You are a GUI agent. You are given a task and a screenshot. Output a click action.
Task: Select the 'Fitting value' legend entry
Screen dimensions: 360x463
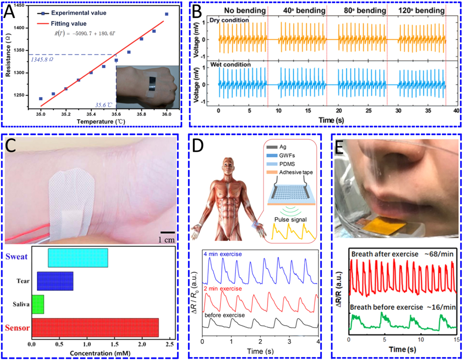tap(68, 24)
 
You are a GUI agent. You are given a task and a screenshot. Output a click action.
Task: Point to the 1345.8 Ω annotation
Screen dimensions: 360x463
tap(42, 60)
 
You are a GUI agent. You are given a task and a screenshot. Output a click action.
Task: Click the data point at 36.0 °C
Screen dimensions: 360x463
tap(167, 14)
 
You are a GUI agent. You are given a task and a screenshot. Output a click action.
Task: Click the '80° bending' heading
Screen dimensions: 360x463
tap(365, 11)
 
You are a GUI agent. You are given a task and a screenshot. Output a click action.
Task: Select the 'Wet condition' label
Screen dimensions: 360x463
tap(230, 65)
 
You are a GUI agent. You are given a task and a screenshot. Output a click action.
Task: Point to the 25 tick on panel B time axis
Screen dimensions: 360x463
tap(368, 111)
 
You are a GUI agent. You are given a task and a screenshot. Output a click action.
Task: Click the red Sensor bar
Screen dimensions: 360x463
tap(95, 327)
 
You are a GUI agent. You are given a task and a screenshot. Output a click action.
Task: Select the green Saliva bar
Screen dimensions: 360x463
tap(38, 304)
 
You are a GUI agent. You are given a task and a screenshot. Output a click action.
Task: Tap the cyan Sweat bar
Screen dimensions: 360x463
tap(78, 258)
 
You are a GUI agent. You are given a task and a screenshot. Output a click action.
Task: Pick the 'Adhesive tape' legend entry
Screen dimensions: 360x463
tap(296, 172)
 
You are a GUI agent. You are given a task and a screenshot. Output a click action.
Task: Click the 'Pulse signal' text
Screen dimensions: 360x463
tap(290, 219)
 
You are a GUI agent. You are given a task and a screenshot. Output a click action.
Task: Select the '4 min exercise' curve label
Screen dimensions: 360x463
tap(222, 254)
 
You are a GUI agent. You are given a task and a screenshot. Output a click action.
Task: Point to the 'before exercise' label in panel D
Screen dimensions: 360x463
tap(224, 315)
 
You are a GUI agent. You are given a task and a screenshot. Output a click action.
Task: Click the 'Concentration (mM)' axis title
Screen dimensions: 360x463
tap(100, 353)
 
